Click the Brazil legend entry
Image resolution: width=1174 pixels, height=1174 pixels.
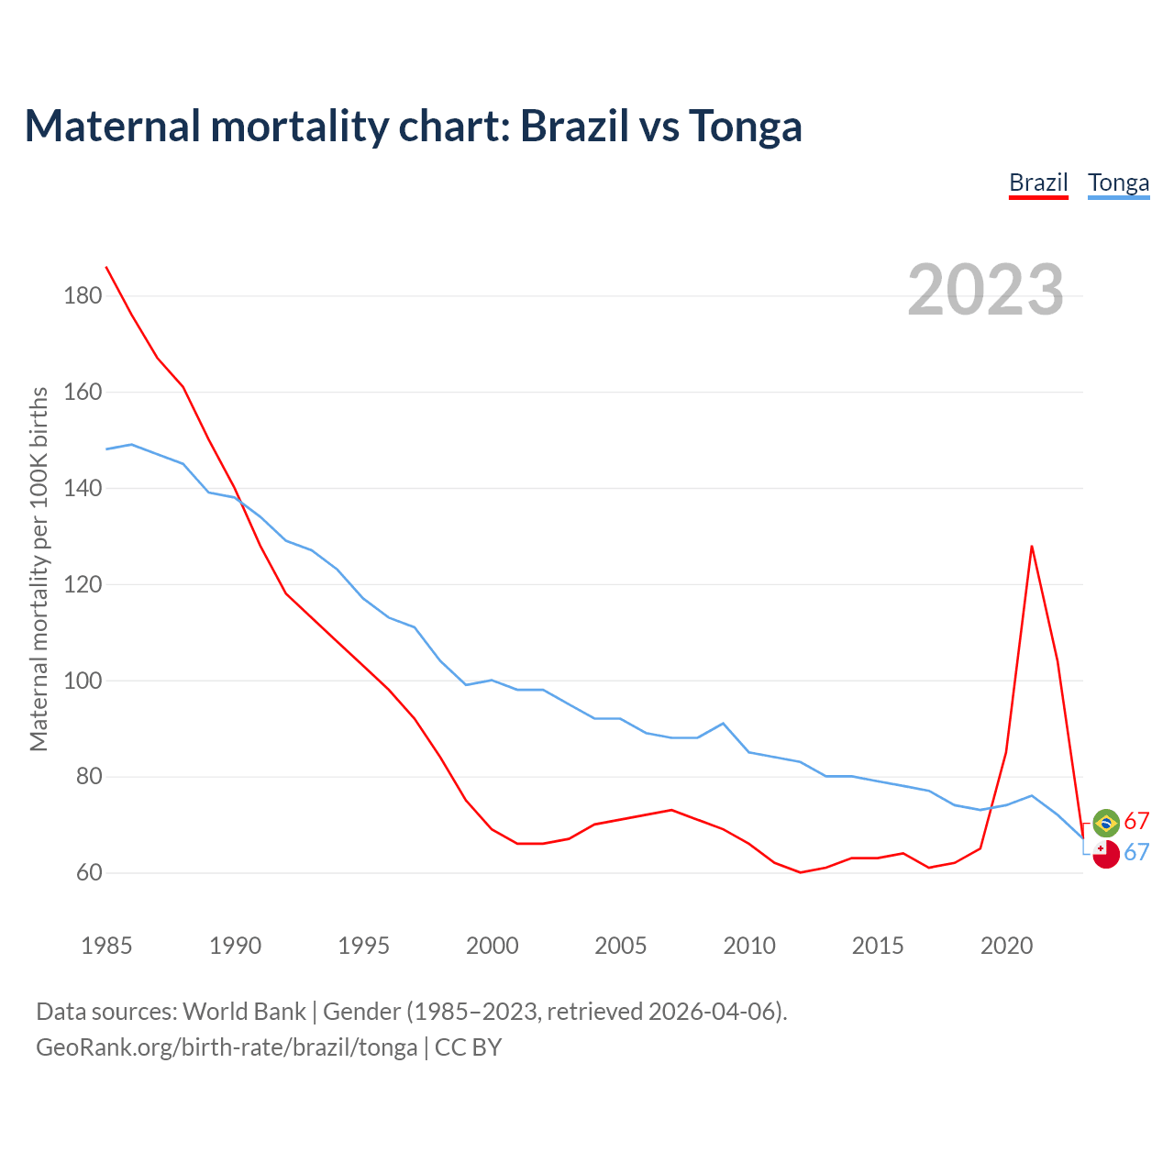coord(1038,183)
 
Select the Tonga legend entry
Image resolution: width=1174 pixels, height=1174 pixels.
coord(1118,183)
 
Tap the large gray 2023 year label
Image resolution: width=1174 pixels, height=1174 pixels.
coord(985,290)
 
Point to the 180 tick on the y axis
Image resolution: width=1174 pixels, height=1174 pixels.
coord(83,295)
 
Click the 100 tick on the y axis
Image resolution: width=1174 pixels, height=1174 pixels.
coord(83,681)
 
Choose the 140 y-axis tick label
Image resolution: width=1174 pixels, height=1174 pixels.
coord(83,488)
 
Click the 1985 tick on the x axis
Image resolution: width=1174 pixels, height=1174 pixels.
coord(106,946)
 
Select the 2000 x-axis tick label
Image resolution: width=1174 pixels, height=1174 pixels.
coord(493,946)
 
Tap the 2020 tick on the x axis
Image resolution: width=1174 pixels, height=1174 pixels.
coord(1006,946)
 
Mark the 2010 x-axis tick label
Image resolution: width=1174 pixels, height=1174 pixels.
coord(749,946)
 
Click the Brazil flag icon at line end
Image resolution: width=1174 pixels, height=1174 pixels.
coord(1106,823)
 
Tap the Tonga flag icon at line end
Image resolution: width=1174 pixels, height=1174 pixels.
coord(1106,854)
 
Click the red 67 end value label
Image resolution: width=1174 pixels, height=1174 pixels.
coord(1136,821)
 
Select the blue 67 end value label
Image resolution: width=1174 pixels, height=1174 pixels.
coord(1136,852)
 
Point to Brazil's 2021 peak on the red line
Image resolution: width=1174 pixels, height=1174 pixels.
coord(1032,547)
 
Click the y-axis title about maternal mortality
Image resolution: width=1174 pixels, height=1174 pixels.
coord(39,569)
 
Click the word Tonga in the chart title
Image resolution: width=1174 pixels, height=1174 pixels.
coord(745,126)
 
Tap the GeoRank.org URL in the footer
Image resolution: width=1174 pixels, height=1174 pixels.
coord(227,1047)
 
